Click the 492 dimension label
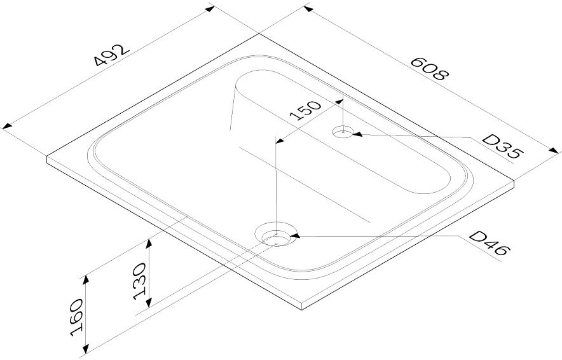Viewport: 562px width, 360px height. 111,55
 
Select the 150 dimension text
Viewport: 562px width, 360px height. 305,110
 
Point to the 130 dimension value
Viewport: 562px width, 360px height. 139,282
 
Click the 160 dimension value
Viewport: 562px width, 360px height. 77,317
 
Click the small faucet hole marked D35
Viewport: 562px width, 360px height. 343,132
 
